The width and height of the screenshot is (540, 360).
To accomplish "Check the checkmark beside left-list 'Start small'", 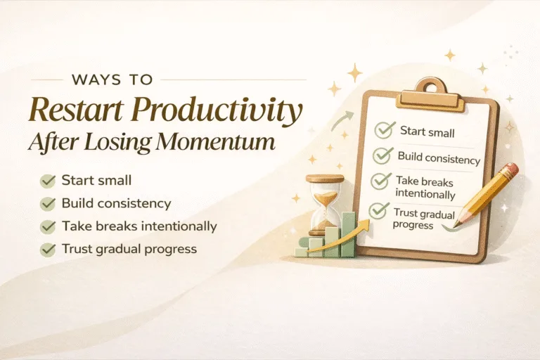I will (x=48, y=181).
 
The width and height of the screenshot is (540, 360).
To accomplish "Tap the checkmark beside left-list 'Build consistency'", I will (x=48, y=204).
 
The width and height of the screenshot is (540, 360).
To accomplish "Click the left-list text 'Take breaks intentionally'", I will (x=139, y=226).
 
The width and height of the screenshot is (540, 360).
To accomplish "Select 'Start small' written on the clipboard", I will (x=427, y=131).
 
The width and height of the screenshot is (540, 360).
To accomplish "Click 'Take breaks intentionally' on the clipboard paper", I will (x=425, y=187).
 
